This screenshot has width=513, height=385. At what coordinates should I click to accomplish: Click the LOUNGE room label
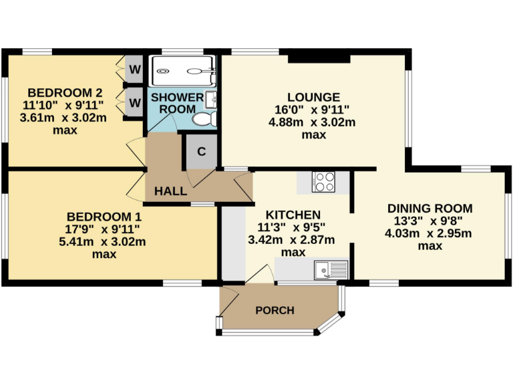coord(313,98)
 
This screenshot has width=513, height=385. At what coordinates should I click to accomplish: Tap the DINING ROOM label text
coord(430,209)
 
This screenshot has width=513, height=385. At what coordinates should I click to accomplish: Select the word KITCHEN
coord(293,215)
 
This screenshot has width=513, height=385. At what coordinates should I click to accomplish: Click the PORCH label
coord(275,311)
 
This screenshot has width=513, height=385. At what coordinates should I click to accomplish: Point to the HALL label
coord(170,191)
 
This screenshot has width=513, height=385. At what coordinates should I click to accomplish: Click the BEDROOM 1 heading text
coord(104,217)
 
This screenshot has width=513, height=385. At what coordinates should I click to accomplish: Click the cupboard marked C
coord(201,151)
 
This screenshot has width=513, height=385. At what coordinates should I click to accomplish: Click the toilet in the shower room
coord(203,119)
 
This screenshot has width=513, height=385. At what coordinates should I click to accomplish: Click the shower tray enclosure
coord(182,70)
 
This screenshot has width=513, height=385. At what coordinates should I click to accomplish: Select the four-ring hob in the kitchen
coord(324,182)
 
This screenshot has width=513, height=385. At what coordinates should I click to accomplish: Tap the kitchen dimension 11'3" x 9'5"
coord(293,228)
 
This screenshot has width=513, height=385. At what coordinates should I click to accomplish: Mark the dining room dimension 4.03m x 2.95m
coord(430,233)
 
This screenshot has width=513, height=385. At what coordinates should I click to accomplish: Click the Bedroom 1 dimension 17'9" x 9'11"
coord(104,229)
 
